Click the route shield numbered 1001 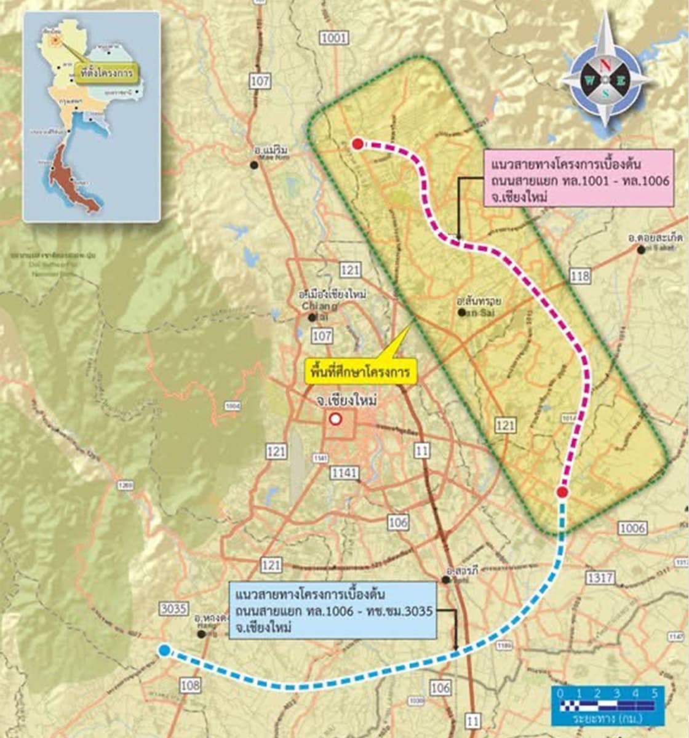[334, 39]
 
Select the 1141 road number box [344, 473]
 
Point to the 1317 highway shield [600, 577]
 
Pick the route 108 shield [190, 684]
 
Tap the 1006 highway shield [632, 528]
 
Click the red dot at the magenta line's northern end [357, 144]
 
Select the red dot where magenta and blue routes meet [562, 492]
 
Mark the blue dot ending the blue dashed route [164, 651]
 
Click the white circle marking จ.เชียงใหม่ [335, 419]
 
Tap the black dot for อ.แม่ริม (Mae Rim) [253, 164]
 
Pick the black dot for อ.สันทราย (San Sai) [461, 312]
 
